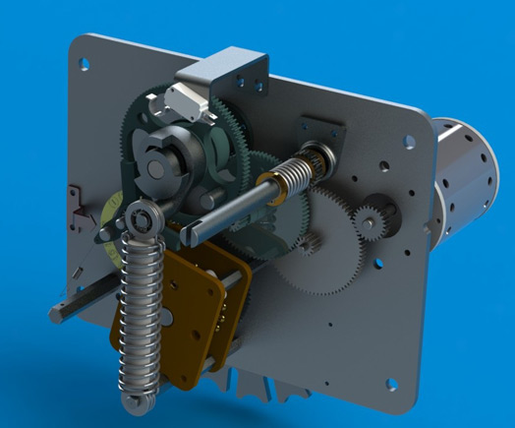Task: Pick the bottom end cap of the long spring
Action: pyautogui.click(x=133, y=402)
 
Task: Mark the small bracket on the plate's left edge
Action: pyautogui.click(x=71, y=202)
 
